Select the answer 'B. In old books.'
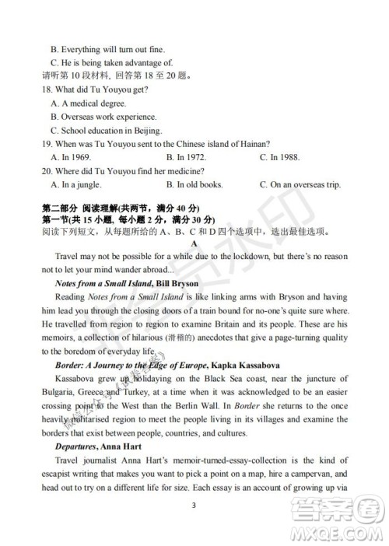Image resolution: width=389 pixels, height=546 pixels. (194, 184)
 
